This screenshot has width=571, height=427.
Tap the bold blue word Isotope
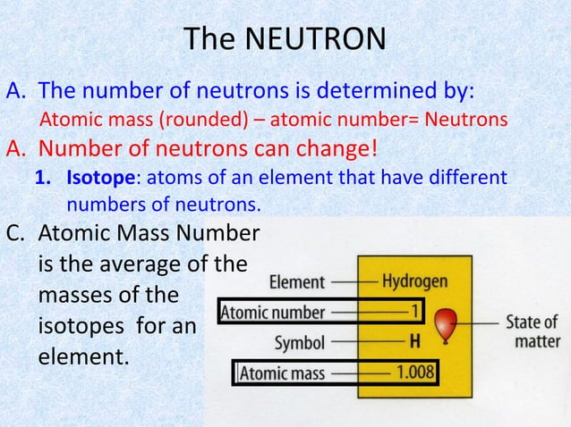[x=97, y=179]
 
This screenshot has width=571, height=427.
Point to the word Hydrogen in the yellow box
[x=414, y=280]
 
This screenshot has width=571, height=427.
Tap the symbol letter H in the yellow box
[x=414, y=340]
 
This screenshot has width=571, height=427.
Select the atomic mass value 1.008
[x=414, y=372]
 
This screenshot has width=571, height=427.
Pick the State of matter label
[x=533, y=331]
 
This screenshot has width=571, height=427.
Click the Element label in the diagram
[x=297, y=282]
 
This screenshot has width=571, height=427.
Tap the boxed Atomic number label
[x=273, y=313]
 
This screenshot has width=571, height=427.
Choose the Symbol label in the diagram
[x=299, y=342]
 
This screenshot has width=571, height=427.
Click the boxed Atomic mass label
[x=281, y=372]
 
